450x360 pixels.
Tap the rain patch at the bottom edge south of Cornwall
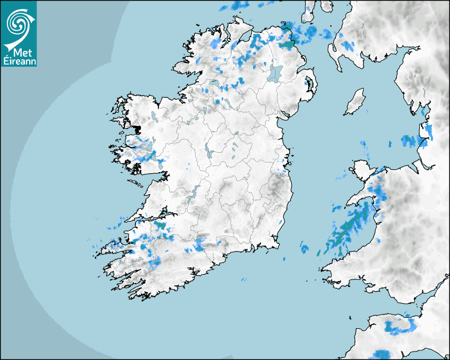click(381, 354)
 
